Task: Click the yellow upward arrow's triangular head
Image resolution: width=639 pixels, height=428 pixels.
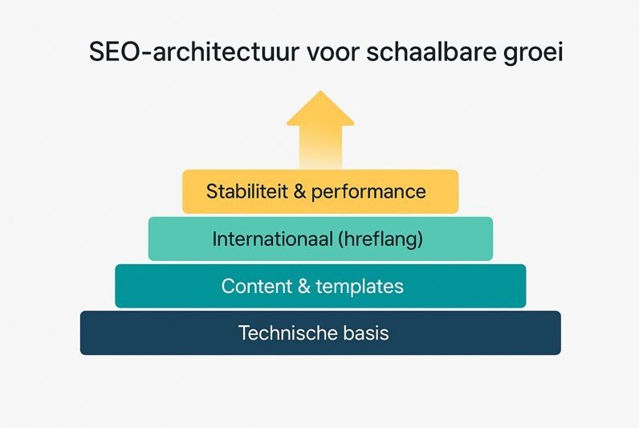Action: click(x=320, y=111)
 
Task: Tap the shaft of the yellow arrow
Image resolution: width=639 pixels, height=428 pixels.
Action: click(x=320, y=149)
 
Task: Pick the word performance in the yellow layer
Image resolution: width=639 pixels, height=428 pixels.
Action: click(x=369, y=193)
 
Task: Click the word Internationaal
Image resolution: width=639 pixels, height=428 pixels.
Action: click(x=271, y=238)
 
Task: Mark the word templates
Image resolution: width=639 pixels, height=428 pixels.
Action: click(x=360, y=286)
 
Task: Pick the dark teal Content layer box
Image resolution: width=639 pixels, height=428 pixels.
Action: click(x=144, y=286)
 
